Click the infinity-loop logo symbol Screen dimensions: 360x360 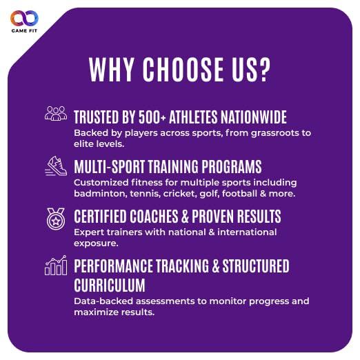coord(24,18)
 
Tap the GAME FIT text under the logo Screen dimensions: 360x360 coord(24,30)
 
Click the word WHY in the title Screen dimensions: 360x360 coord(112,70)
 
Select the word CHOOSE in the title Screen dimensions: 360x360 coord(183,70)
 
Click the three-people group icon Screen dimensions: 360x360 coord(56,113)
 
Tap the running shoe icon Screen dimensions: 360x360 coord(56,166)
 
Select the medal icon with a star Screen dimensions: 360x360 coord(56,219)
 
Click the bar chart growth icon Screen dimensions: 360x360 coord(56,265)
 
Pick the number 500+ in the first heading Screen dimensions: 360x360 coord(152,117)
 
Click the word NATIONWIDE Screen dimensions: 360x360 coord(254,117)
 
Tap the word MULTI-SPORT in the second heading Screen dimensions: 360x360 coord(110,167)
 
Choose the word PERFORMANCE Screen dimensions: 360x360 coord(113,266)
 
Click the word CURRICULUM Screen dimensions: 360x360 coord(110,285)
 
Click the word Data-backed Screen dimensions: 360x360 coord(103,301)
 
